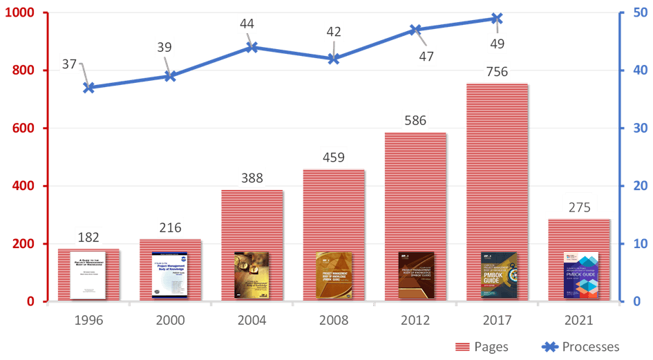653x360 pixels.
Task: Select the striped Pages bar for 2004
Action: point(251,221)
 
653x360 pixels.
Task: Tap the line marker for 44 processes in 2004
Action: point(252,48)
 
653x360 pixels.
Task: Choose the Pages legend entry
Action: point(482,347)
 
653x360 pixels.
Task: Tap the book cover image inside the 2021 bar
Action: point(580,275)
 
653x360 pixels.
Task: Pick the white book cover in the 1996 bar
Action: point(88,275)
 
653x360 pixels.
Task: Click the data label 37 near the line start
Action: point(70,65)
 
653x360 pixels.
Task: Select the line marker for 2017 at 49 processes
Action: point(497,19)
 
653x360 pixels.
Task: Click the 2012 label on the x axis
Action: point(415,321)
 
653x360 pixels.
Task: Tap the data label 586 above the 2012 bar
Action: point(415,120)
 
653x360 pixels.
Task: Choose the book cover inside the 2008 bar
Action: point(333,275)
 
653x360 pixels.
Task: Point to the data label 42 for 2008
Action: point(333,32)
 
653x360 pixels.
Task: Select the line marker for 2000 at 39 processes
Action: point(169,77)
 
